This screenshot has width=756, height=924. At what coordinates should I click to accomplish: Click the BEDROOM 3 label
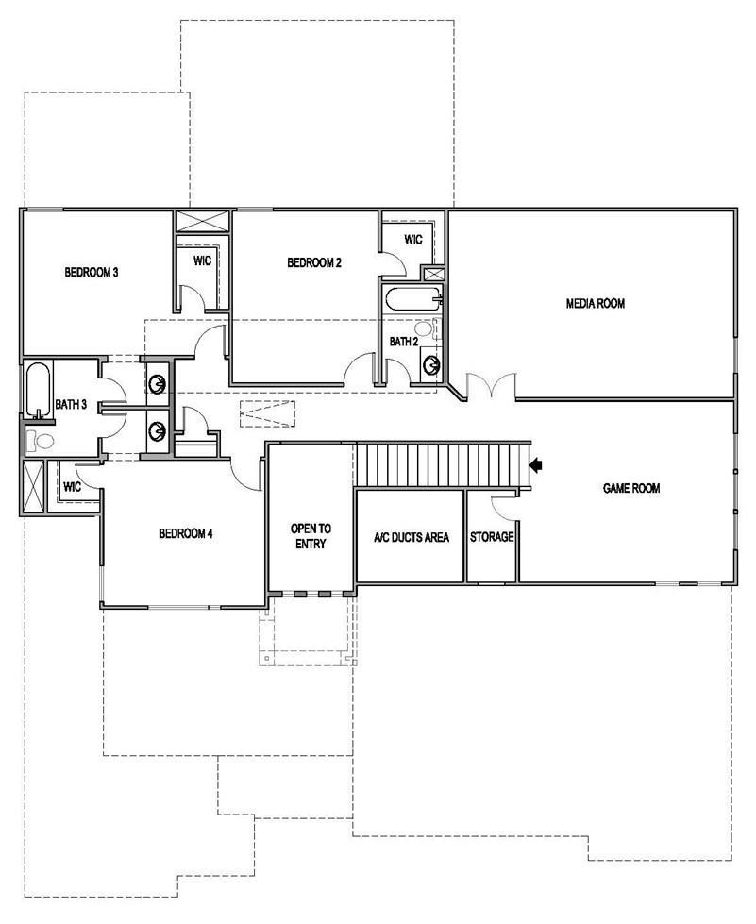click(x=91, y=274)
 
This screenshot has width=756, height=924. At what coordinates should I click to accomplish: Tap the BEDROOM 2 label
click(x=314, y=262)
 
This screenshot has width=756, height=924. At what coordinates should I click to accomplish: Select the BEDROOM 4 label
click(x=185, y=534)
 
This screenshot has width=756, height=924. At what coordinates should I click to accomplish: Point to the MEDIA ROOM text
click(x=596, y=303)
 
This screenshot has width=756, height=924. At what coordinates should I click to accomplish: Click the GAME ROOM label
click(x=631, y=489)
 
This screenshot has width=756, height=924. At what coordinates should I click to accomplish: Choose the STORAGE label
click(x=492, y=537)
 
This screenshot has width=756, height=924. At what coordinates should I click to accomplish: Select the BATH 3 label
click(x=71, y=405)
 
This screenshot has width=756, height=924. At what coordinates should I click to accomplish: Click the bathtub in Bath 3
click(x=36, y=389)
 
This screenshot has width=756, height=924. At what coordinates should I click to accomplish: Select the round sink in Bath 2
click(x=430, y=363)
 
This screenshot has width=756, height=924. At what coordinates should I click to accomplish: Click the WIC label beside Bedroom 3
click(x=202, y=260)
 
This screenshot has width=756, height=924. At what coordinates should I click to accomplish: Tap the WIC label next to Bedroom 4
click(x=72, y=487)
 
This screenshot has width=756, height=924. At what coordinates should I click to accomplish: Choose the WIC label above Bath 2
click(x=413, y=240)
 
